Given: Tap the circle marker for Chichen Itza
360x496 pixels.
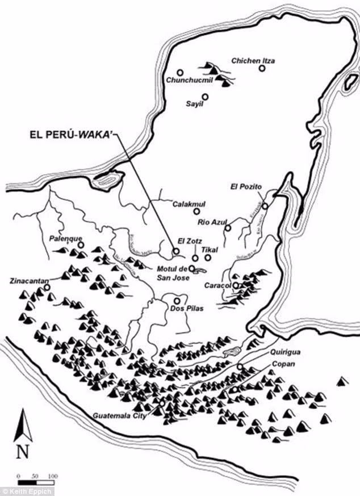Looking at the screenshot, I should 262,68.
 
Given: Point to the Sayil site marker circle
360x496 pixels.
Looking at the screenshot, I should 205,96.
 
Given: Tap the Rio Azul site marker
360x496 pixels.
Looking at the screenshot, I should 228,228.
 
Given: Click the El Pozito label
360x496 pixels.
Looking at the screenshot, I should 245,186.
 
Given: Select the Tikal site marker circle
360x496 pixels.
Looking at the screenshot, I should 208,258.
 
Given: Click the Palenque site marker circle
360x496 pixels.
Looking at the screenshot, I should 81,245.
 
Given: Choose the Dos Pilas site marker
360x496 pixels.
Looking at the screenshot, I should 177,301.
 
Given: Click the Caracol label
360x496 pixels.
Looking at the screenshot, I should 219,285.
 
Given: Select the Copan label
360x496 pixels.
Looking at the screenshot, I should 283,363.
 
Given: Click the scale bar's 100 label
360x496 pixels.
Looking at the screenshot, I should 53,476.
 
